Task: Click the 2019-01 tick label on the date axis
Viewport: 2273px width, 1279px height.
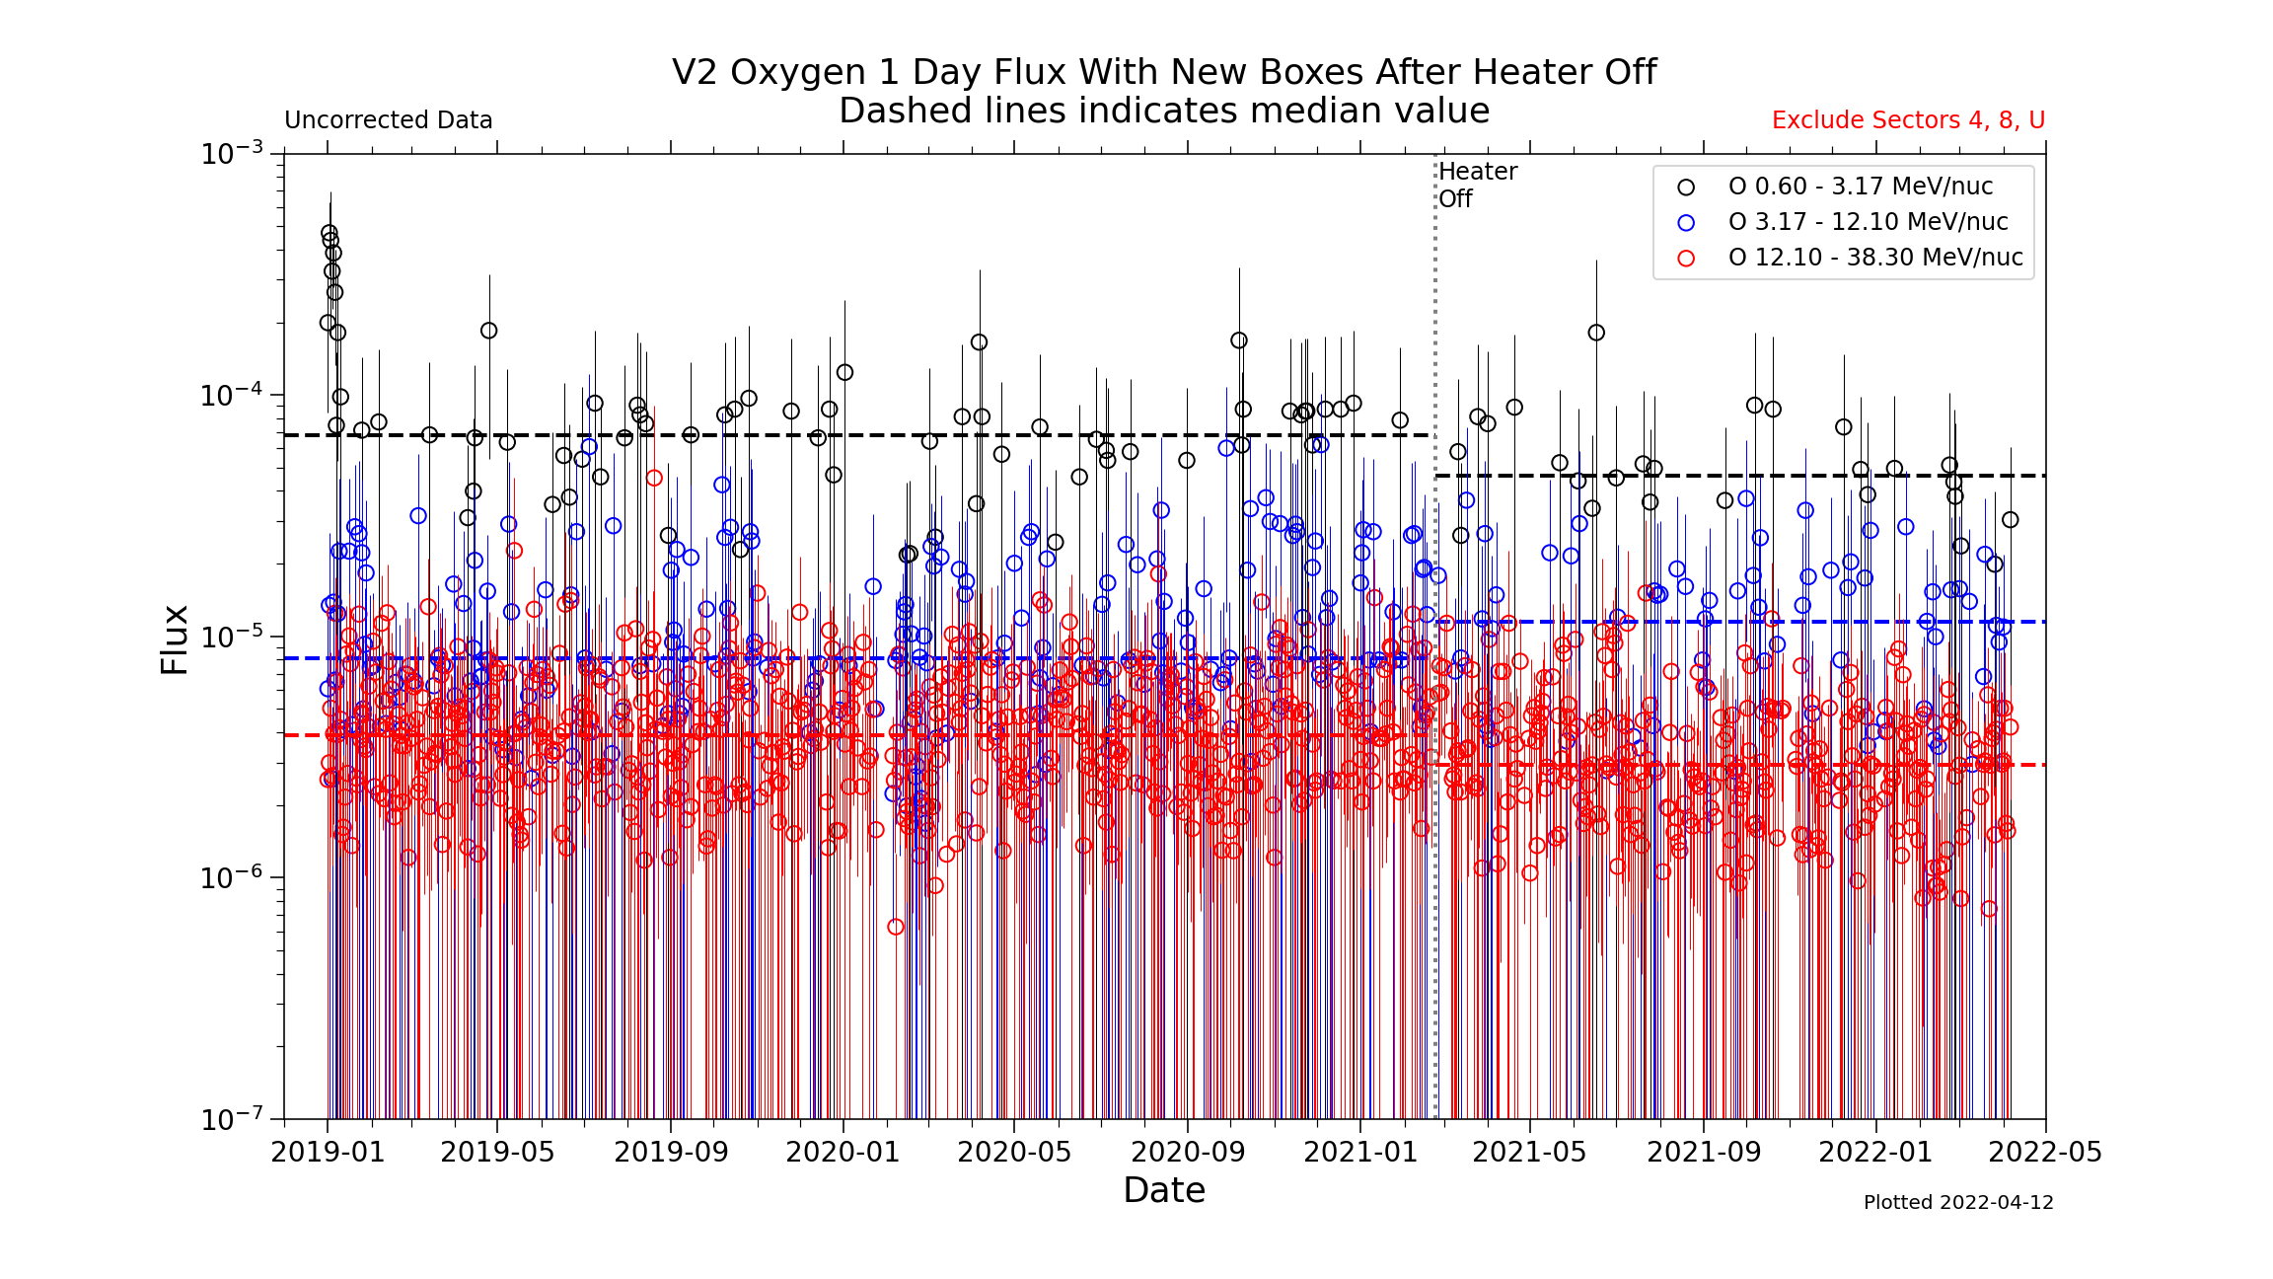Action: tap(328, 1152)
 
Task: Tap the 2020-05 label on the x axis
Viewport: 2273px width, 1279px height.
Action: tap(1014, 1152)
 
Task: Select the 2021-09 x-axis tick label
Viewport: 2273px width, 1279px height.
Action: tap(1704, 1152)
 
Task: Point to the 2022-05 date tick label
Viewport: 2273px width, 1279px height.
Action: tap(2045, 1152)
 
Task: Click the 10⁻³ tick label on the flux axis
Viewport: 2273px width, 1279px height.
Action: tap(232, 153)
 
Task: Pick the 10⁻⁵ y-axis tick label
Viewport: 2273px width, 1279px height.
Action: tap(232, 636)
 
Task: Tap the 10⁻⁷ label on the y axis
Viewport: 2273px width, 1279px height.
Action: tap(232, 1118)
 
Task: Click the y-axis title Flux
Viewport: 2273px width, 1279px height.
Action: tap(175, 639)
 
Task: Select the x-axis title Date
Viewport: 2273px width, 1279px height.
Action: tap(1164, 1191)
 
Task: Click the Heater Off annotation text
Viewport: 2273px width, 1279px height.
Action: tap(1477, 185)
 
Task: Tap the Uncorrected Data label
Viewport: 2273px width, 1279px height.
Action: tap(389, 120)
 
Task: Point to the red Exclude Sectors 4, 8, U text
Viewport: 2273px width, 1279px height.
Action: tap(1908, 120)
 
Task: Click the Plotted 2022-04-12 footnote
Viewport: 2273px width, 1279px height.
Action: tap(1958, 1202)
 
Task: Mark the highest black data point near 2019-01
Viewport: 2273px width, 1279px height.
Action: tap(329, 234)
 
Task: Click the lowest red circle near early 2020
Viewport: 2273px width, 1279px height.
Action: tap(896, 927)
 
